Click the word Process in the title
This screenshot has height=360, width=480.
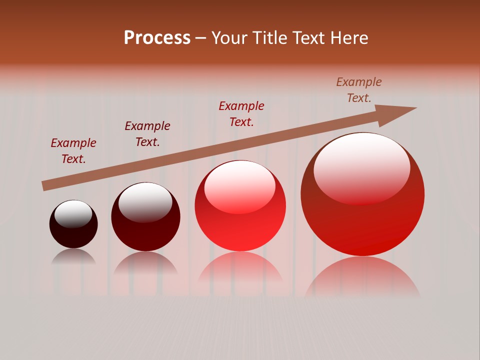pos(157,38)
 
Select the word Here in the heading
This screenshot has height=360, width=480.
pos(349,38)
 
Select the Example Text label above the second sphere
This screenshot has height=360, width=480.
pos(147,134)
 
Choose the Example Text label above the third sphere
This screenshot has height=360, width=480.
pos(241,114)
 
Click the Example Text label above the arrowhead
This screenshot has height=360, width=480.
pos(359,90)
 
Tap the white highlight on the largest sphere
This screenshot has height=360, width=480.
pos(361,167)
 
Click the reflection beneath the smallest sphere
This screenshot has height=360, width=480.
pos(73,256)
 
